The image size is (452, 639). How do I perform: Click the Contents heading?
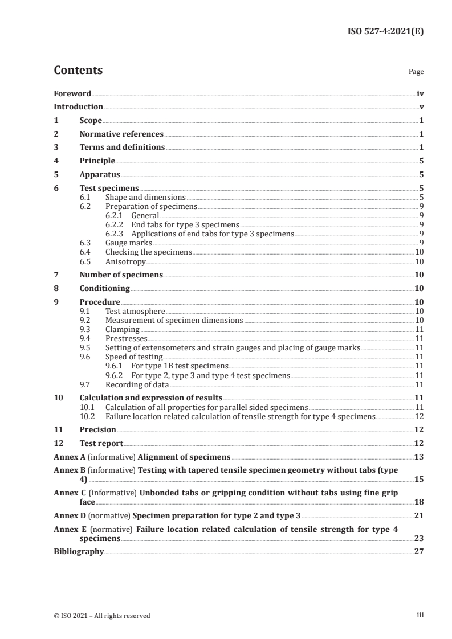coord(78,71)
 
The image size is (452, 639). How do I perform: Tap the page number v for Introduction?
coord(421,107)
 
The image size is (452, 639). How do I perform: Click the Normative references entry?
coord(121,134)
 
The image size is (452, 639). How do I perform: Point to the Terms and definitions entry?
coord(122,148)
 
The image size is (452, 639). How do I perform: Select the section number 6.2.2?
coord(116,225)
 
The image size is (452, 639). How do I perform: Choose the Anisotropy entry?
coord(125,261)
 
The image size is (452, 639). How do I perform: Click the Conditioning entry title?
coord(104,288)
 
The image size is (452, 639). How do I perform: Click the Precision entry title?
coord(97,429)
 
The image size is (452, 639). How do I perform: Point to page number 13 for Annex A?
coord(419,457)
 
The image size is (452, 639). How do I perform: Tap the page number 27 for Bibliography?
coord(419,551)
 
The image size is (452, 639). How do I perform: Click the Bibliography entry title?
coord(79,551)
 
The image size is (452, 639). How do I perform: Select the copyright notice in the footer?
coord(102,615)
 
